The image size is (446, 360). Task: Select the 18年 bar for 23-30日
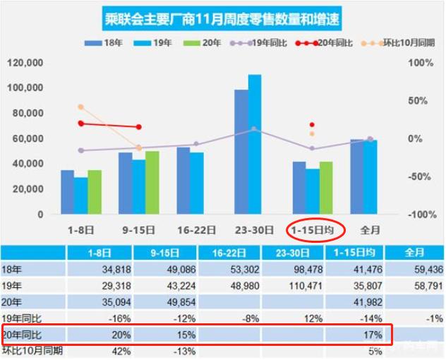click(241, 152)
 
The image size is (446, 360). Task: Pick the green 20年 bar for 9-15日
click(152, 182)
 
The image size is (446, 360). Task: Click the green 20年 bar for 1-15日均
click(325, 188)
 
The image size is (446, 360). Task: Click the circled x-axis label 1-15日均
click(315, 230)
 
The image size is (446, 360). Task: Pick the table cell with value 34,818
click(102, 268)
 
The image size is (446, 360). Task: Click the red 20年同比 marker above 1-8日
click(80, 124)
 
